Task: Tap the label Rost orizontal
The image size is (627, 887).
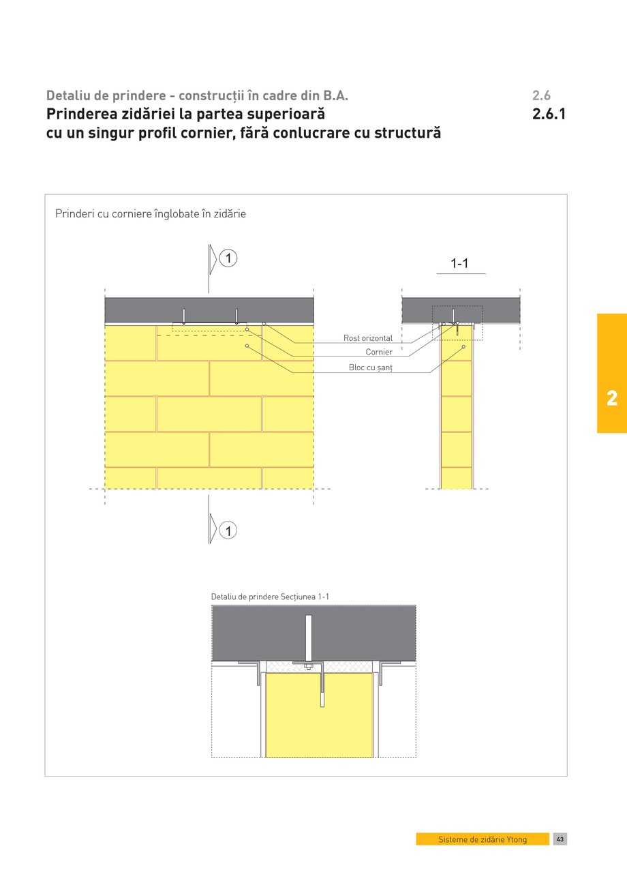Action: click(x=367, y=338)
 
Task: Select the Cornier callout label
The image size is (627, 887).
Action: click(x=378, y=352)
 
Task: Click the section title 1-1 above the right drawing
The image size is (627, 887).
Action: click(x=459, y=264)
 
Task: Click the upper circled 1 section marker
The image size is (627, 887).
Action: click(x=229, y=258)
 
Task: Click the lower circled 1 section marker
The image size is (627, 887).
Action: click(x=229, y=530)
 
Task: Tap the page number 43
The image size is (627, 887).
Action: click(x=560, y=839)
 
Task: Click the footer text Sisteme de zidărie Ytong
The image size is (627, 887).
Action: click(x=483, y=839)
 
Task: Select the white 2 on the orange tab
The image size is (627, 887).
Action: click(x=611, y=399)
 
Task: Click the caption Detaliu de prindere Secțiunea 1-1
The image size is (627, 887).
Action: click(x=270, y=597)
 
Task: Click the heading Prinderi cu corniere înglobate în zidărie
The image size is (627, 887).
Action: click(x=150, y=213)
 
